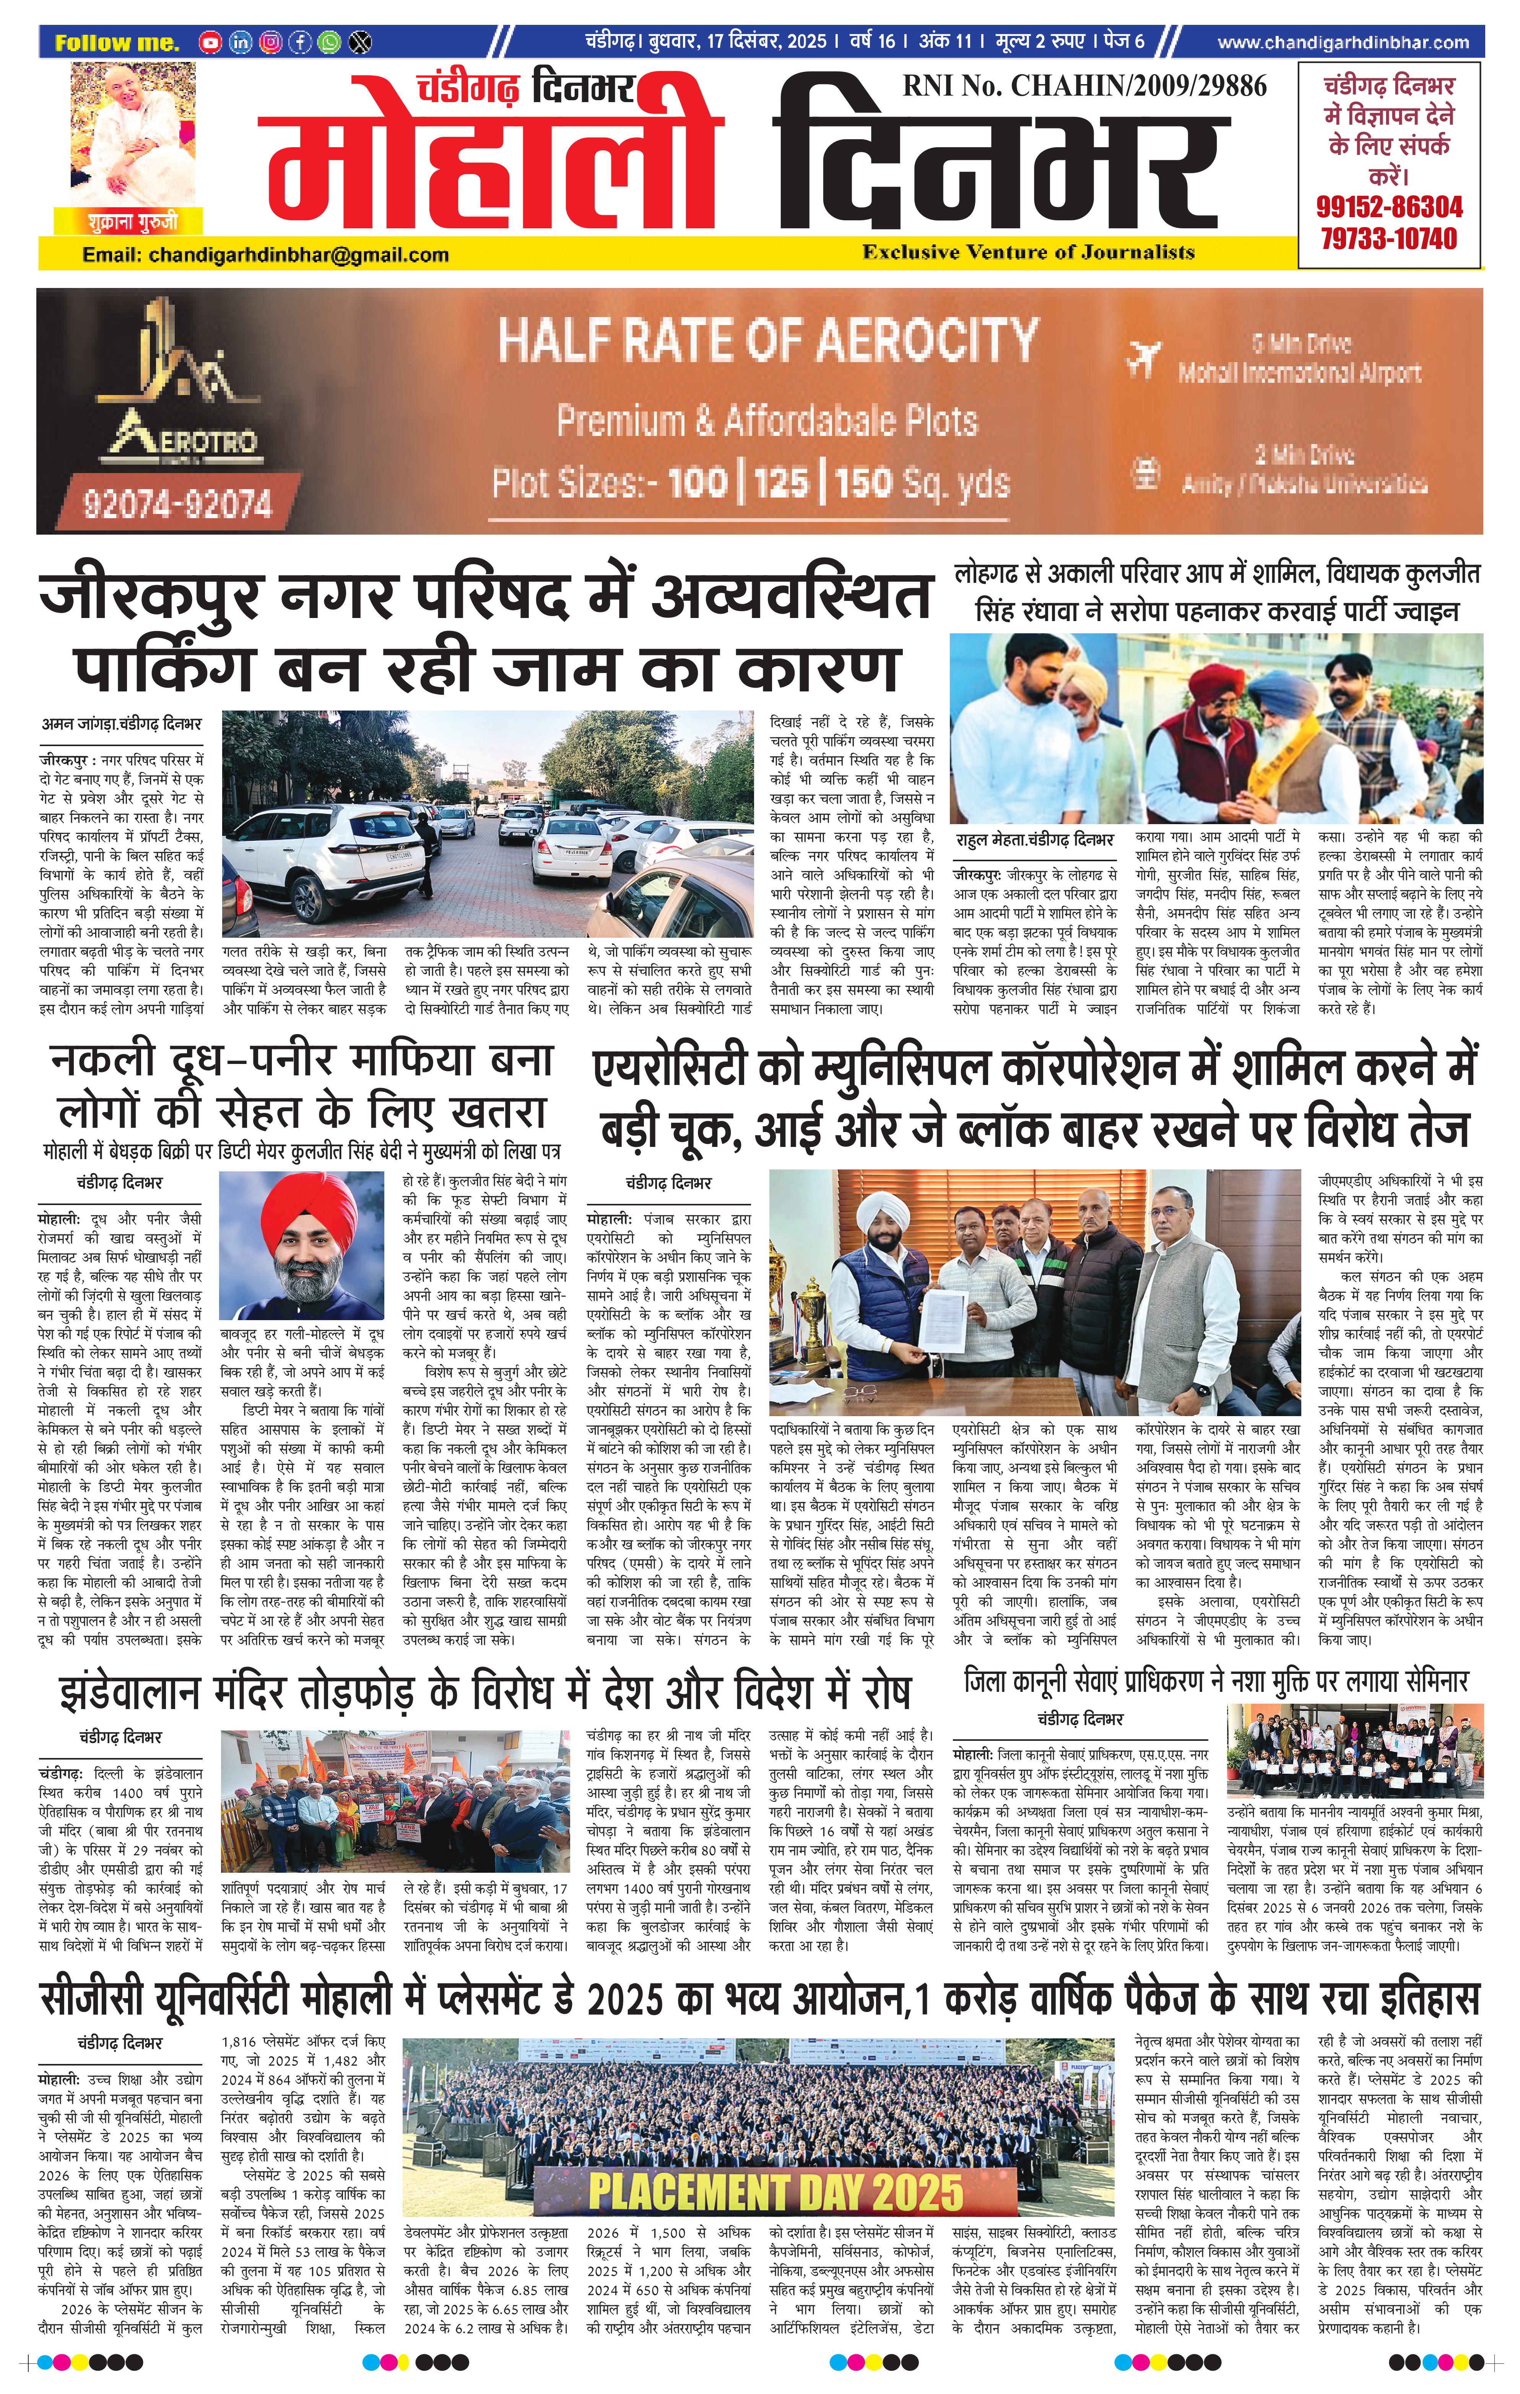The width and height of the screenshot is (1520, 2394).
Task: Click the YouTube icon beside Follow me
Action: pos(210,43)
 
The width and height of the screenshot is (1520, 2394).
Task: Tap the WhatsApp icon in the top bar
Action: pos(329,43)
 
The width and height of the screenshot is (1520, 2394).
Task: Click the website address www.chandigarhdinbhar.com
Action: pos(1342,43)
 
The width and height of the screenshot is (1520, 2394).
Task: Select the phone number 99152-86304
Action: pos(1389,207)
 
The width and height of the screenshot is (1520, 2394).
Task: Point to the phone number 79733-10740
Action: pos(1389,239)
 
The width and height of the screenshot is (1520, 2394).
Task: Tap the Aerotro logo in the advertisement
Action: pos(179,398)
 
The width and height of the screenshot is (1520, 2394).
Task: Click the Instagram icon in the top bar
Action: pos(270,43)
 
